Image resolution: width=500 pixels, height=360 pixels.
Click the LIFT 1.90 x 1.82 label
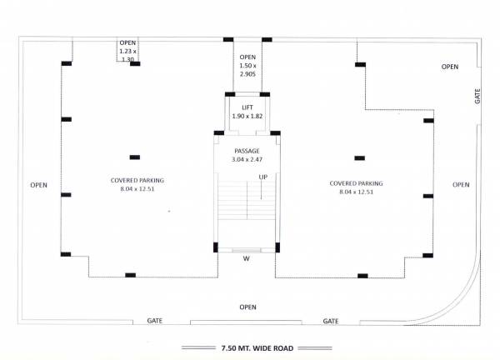247,112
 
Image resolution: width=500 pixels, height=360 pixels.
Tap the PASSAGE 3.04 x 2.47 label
247,155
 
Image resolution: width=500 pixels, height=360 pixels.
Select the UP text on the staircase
262,177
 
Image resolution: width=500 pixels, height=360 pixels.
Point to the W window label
247,258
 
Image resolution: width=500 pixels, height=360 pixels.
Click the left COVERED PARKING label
137,185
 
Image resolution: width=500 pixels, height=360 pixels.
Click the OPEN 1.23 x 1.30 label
127,51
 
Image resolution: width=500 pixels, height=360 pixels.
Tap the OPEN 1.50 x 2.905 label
247,65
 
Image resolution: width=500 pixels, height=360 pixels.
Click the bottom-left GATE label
154,320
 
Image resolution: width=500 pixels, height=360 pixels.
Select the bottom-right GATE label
331,320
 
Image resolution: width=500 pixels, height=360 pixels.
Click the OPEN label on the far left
38,184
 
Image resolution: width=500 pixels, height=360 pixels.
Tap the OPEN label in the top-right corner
450,67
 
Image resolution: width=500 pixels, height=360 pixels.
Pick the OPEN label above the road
247,307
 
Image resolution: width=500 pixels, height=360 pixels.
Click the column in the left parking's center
134,157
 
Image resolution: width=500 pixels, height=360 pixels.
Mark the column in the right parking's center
360,157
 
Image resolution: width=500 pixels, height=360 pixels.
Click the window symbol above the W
246,249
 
